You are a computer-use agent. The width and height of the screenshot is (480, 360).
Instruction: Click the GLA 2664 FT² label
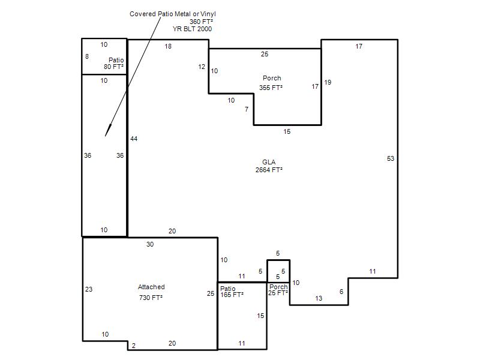pos(269,166)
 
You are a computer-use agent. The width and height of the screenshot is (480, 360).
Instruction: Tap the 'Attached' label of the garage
pos(151,287)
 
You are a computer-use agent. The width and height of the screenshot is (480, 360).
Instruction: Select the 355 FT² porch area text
pos(271,88)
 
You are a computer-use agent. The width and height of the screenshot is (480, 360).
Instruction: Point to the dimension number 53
pos(391,158)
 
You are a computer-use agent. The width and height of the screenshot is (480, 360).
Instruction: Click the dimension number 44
pos(134,139)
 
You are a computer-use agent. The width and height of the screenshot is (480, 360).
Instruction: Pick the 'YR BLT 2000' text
pos(192,29)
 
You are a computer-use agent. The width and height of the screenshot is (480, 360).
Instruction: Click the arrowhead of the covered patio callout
pos(107,131)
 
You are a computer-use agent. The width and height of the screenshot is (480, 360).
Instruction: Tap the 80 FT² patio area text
pos(113,67)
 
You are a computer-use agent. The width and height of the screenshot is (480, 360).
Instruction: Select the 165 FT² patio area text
pos(232,295)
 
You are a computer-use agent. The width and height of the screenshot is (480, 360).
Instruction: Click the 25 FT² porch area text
pos(278,293)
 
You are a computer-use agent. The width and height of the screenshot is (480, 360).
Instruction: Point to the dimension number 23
pos(88,289)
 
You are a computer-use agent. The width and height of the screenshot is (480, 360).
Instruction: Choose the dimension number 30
pos(149,244)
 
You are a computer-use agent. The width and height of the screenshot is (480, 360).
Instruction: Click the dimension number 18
pos(168,46)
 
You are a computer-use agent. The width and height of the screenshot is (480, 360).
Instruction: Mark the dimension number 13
pos(319,298)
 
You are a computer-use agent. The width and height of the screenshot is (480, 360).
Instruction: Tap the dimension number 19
pos(328,82)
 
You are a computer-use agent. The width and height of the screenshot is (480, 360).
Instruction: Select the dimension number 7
pos(247,109)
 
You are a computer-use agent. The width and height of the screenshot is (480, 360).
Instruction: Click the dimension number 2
pos(133,346)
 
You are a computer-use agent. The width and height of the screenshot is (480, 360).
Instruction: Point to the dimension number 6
pos(341,292)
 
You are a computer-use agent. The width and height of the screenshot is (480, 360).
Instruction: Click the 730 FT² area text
pos(151,298)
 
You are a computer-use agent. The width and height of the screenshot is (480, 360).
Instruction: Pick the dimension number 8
pos(87,56)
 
